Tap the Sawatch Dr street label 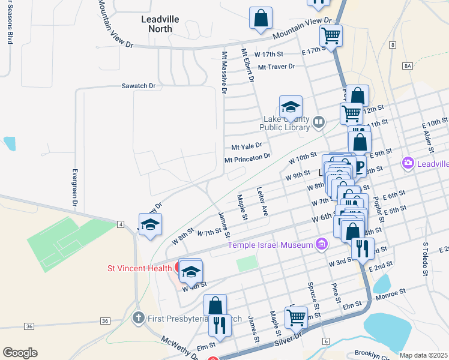pos(139,86)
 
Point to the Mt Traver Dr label pos(277,67)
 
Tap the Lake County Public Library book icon pos(319,123)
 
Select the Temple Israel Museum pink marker pos(322,244)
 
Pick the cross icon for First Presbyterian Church pos(138,318)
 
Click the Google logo pos(20,353)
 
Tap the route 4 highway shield pos(121,224)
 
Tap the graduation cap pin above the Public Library pos(291,107)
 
